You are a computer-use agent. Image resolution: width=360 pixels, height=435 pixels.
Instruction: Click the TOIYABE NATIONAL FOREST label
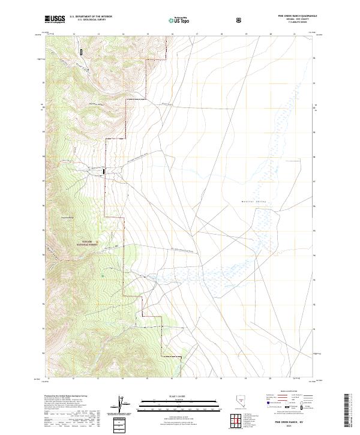pos(86,243)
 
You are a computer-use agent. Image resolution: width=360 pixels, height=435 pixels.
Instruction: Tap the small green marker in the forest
pos(103,276)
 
